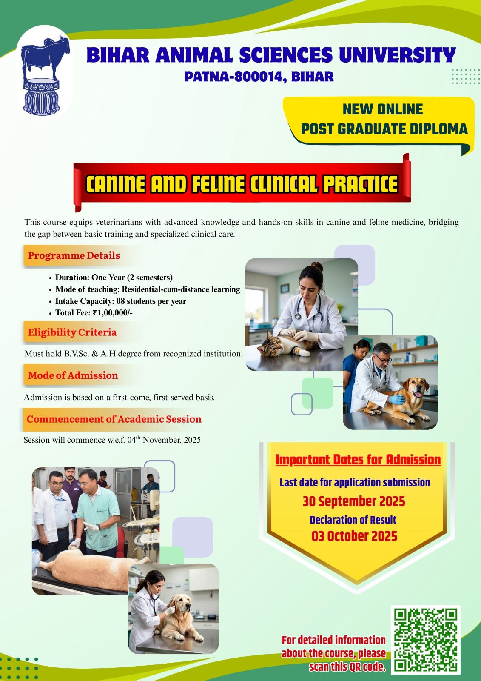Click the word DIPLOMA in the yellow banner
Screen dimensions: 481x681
(438, 129)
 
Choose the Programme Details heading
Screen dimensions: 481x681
(74, 255)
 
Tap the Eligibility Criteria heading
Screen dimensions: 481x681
(72, 332)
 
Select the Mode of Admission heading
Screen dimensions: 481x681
(73, 375)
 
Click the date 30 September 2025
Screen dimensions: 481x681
(354, 501)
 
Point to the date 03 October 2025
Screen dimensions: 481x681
(354, 536)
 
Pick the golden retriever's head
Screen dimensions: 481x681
(182, 604)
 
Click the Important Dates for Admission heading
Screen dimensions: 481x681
(358, 460)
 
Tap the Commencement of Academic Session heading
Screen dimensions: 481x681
(114, 419)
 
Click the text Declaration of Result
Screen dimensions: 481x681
(353, 520)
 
